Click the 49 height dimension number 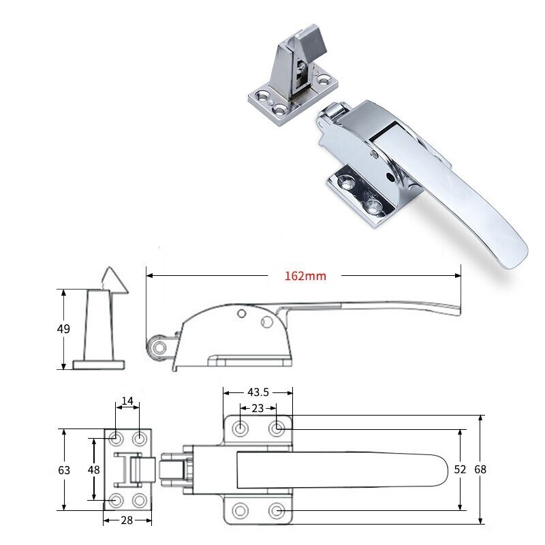click(x=63, y=329)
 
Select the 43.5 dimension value click(x=258, y=392)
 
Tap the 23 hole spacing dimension click(x=258, y=409)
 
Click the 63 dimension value click(x=63, y=470)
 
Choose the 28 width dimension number click(x=127, y=520)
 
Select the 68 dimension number click(x=482, y=470)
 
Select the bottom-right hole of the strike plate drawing click(x=140, y=501)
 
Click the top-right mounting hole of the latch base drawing click(x=277, y=429)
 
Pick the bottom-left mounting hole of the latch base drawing click(x=240, y=511)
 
